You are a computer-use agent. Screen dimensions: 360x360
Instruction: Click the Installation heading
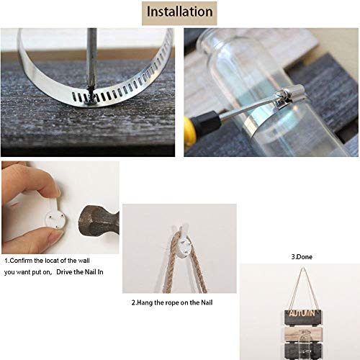pos(179,12)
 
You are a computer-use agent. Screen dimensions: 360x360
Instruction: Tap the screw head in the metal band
pos(91,97)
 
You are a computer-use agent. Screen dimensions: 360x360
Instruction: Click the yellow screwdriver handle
pos(189,130)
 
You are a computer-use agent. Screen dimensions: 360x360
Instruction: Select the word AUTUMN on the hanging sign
pos(302,313)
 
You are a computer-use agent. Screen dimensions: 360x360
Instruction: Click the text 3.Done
pos(302,257)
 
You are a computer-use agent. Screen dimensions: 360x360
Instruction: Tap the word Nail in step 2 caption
pos(207,302)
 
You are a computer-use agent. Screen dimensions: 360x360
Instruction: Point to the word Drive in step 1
pos(63,272)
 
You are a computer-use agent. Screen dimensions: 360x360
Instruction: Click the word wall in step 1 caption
pos(84,261)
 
